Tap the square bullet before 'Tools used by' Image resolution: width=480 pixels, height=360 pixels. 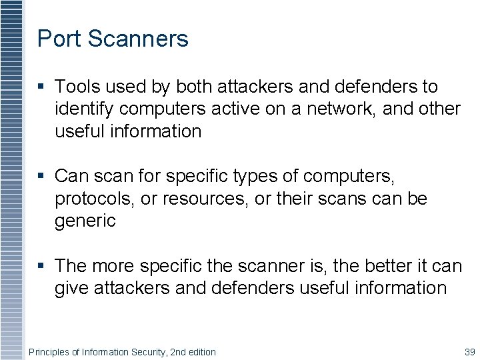pyautogui.click(x=41, y=87)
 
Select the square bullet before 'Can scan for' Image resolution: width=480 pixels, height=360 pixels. pyautogui.click(x=41, y=177)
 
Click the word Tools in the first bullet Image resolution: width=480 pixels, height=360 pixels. pyautogui.click(x=77, y=87)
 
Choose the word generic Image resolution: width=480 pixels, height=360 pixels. pyautogui.click(x=85, y=221)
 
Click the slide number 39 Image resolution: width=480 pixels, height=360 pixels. pyautogui.click(x=468, y=351)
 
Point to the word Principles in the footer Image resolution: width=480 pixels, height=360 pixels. pyautogui.click(x=50, y=351)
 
